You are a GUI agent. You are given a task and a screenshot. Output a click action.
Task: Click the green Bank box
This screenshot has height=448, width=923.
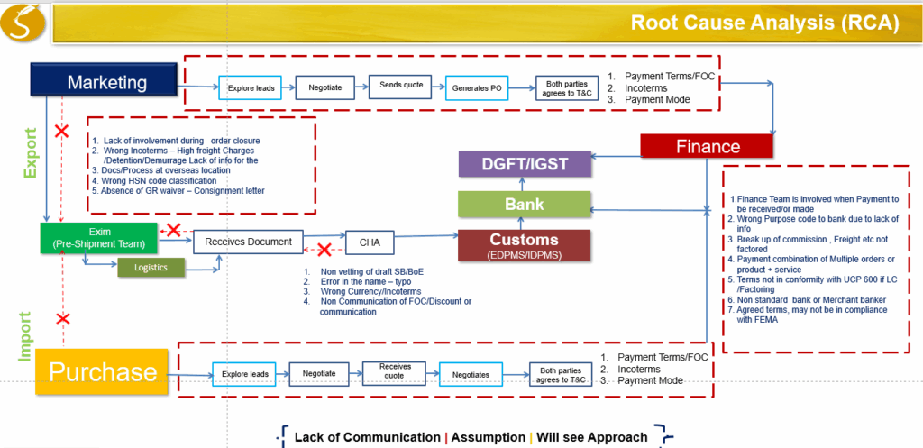[525, 205]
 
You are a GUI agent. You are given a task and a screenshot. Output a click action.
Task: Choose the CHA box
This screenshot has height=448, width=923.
[370, 242]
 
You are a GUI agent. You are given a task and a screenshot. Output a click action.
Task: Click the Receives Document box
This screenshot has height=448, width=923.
[248, 242]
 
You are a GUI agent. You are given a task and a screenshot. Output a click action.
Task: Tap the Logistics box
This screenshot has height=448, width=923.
[150, 268]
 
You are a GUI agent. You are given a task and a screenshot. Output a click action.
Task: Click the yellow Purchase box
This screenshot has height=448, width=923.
[103, 370]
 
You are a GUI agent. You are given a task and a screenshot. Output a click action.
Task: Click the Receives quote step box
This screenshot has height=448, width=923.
[395, 372]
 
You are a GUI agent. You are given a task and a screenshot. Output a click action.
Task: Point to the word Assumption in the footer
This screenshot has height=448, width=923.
[488, 437]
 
